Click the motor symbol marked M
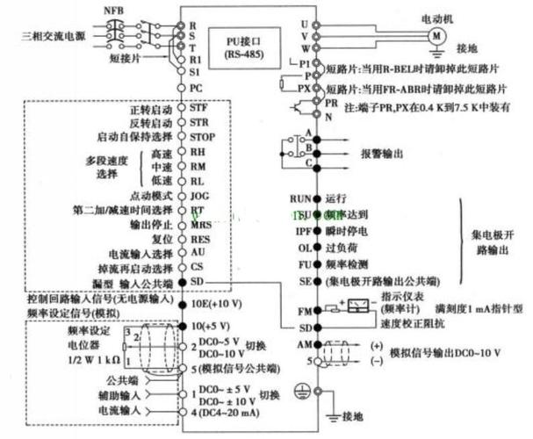[436, 35]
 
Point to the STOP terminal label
[203, 137]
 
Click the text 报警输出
[381, 153]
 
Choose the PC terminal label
[197, 89]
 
